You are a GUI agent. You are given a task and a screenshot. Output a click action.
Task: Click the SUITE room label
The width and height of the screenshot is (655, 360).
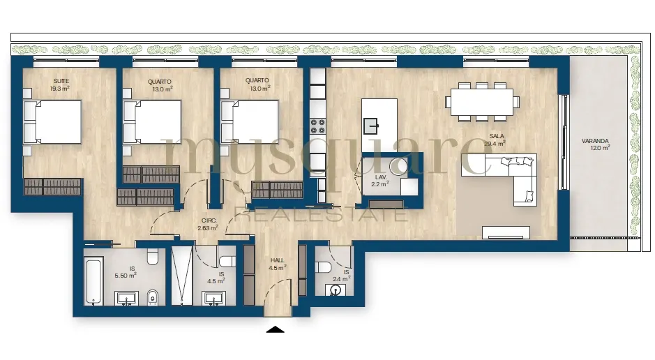[x=61, y=81]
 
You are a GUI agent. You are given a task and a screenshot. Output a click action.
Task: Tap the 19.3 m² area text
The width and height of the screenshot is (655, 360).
[x=60, y=89]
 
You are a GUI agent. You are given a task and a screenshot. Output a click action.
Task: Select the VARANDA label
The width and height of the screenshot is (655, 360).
[x=595, y=141]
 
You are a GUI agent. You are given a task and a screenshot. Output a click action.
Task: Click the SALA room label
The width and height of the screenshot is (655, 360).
[x=497, y=136]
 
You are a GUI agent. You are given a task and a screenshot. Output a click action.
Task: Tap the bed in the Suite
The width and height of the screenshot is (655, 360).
[x=52, y=122]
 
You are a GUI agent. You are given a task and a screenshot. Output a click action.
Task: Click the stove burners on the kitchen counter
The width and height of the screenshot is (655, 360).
[x=317, y=126]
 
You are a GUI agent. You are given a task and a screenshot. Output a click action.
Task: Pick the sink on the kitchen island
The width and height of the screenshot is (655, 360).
[x=370, y=126]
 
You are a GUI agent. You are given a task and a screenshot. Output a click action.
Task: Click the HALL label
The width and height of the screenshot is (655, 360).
[x=278, y=261]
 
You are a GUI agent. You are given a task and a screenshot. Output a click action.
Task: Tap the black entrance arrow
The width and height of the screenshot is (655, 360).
[x=276, y=329]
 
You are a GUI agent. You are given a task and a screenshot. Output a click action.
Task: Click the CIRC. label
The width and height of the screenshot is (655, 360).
[x=209, y=220]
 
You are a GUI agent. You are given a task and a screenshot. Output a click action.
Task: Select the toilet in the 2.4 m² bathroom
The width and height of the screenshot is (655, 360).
[x=324, y=267]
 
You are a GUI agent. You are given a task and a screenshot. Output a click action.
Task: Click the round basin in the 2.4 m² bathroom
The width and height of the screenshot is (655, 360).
[x=335, y=289]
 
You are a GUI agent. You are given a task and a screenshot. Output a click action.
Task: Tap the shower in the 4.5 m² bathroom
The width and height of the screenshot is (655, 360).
[x=182, y=275]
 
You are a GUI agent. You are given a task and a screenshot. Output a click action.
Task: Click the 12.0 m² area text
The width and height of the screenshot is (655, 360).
[x=601, y=148]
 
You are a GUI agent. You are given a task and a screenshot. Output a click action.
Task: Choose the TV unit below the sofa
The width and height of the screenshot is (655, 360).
[x=506, y=232]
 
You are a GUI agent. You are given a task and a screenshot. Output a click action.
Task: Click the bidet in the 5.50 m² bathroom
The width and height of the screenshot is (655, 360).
[x=153, y=297]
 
